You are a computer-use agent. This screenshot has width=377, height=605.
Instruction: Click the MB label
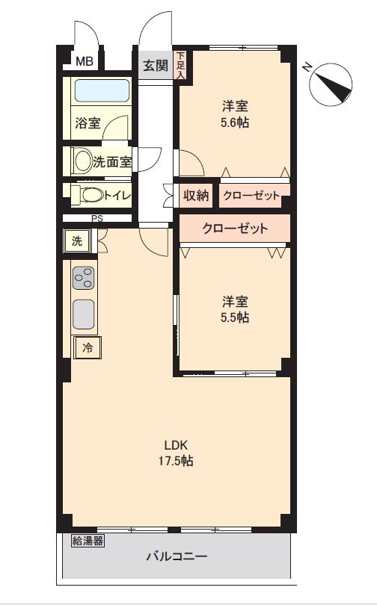point(84,62)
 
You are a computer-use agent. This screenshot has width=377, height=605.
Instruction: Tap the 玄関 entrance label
point(156,66)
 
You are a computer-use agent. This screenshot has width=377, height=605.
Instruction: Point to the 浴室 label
point(88,123)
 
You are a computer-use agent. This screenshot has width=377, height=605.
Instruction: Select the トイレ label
point(117,196)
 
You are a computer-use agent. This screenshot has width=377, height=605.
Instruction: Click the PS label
point(97,219)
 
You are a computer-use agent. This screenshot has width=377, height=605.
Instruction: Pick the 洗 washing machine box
point(77,241)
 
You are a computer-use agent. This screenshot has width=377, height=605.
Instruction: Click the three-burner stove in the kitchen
point(83,278)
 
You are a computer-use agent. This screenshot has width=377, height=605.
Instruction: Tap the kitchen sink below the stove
point(83,314)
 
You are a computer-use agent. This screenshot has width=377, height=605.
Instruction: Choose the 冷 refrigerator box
point(88,347)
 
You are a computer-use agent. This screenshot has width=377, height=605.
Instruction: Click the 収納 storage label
point(196,196)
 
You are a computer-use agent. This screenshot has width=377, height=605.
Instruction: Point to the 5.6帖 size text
point(236,123)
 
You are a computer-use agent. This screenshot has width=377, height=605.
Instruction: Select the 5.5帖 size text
point(236,317)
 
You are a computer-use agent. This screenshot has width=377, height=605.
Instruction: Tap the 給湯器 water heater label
point(88,541)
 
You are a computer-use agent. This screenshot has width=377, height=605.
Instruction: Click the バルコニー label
point(177,556)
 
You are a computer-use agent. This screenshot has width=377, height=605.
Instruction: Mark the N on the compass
point(307,67)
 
